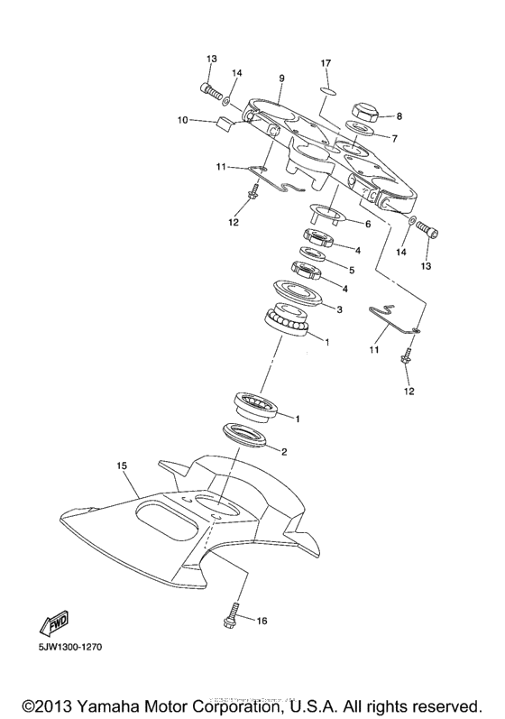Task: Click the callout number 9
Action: [x=281, y=78]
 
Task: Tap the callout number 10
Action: [x=182, y=119]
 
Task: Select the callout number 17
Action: [x=326, y=62]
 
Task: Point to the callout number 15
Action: [x=123, y=466]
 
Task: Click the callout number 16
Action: [x=262, y=621]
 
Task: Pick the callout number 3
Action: [x=340, y=309]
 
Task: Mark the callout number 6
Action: [x=367, y=224]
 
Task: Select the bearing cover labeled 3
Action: [x=297, y=294]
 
